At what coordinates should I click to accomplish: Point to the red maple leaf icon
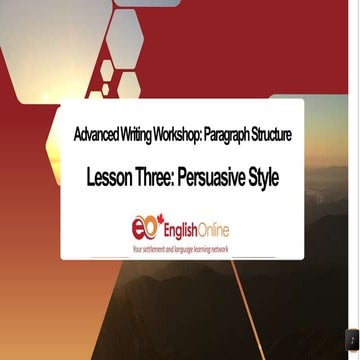tap(156, 217)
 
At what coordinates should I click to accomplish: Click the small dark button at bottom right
tap(353, 343)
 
